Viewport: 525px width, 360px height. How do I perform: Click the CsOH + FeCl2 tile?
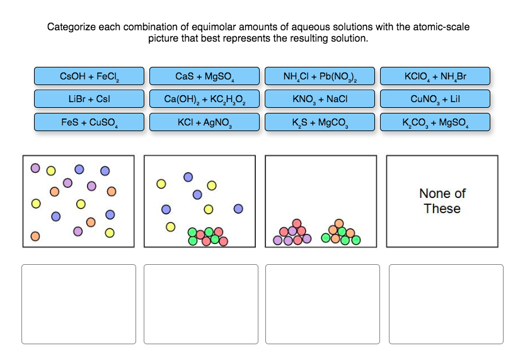tap(89, 76)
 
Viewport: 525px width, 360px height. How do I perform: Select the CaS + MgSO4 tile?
tap(204, 76)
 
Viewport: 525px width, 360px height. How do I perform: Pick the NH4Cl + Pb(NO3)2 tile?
tap(320, 76)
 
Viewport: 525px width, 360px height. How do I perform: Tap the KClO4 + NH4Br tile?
tap(435, 76)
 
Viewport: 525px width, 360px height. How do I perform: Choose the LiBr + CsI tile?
tap(89, 99)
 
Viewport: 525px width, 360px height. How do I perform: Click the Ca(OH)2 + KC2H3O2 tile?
tap(204, 99)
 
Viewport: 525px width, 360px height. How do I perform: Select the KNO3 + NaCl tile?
tap(320, 99)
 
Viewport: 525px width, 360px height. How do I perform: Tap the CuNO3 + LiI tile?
tap(435, 99)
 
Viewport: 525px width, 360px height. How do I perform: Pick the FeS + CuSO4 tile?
tap(89, 122)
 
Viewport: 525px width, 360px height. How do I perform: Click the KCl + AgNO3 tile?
tap(204, 122)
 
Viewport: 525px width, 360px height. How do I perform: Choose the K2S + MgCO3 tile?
tap(320, 122)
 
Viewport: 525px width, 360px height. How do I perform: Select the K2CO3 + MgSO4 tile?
tap(435, 122)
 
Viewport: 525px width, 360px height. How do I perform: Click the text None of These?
tap(442, 201)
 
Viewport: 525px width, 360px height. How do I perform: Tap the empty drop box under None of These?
tap(446, 304)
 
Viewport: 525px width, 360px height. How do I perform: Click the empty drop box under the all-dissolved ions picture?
tap(79, 304)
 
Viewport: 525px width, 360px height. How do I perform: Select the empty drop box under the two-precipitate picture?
tap(323, 304)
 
